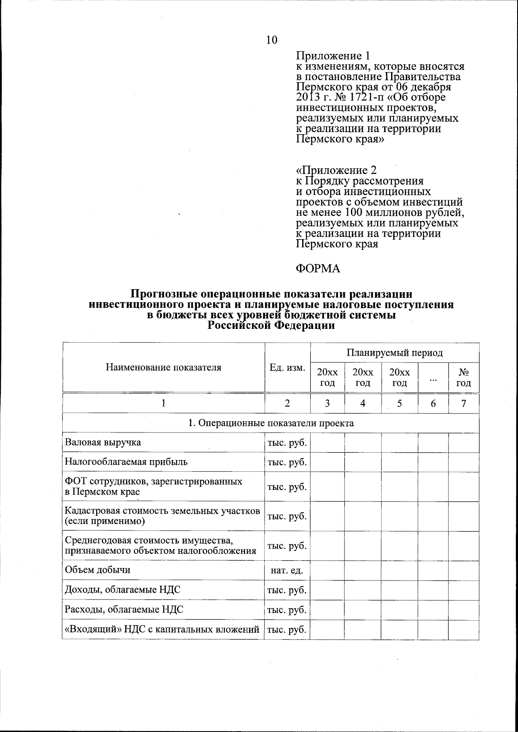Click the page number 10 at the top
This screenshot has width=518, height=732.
click(272, 40)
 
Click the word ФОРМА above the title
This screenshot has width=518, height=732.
click(318, 269)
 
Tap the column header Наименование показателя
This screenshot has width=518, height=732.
click(163, 368)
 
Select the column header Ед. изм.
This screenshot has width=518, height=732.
click(287, 368)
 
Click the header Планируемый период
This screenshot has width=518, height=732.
click(395, 353)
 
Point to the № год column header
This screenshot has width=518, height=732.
click(464, 378)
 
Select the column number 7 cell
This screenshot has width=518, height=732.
click(464, 403)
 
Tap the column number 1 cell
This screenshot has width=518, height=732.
click(163, 403)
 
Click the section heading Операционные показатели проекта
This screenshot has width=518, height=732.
click(271, 423)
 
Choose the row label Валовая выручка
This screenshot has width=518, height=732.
click(103, 442)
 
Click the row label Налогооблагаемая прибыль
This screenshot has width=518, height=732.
click(126, 462)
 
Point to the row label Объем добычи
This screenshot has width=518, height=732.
click(98, 570)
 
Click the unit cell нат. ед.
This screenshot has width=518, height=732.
click(287, 571)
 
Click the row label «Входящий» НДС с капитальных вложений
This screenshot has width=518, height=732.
click(162, 630)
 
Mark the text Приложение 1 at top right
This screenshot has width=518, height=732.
click(333, 56)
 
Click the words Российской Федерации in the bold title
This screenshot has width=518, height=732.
click(271, 326)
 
